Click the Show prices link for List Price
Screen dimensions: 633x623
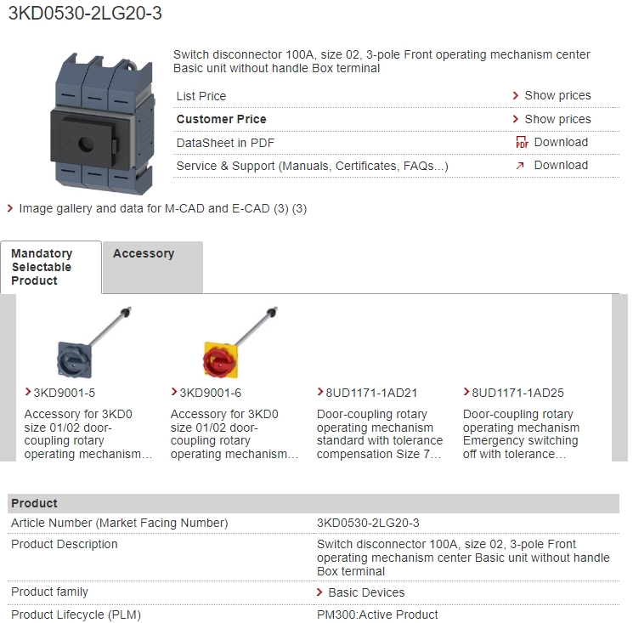click(557, 96)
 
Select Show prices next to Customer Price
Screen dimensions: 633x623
click(557, 119)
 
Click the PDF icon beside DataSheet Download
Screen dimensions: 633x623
click(522, 142)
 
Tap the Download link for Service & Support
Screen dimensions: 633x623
click(561, 165)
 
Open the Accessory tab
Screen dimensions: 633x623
click(153, 267)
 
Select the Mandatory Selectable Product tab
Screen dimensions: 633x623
click(51, 267)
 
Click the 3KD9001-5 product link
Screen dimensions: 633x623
click(65, 393)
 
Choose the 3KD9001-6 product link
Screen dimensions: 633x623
click(211, 393)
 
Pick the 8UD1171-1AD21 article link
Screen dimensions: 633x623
click(371, 393)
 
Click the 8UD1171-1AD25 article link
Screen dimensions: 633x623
click(518, 393)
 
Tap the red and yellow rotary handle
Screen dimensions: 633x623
click(220, 360)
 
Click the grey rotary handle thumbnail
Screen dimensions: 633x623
click(74, 360)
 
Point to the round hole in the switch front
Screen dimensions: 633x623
click(86, 144)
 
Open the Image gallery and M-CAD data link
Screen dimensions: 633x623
click(162, 209)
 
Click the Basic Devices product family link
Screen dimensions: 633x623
click(366, 592)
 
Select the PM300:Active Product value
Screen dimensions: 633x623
click(377, 615)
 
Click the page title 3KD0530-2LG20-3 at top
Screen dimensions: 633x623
click(85, 14)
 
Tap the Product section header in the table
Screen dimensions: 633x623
click(34, 503)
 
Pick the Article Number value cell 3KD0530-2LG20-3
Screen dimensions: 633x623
click(368, 523)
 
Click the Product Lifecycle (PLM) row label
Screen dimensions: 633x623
click(76, 615)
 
